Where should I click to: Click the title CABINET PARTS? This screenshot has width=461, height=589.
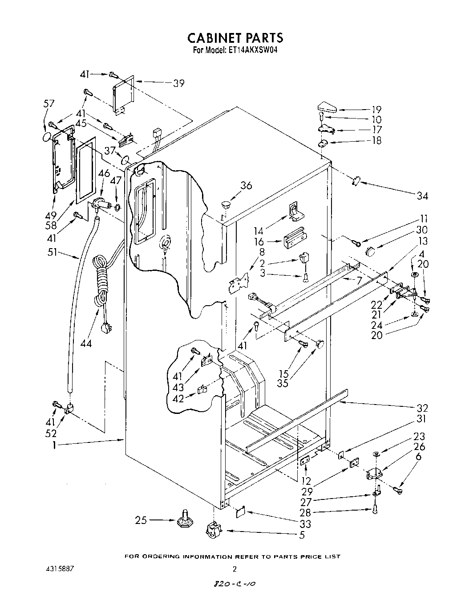pos(235,37)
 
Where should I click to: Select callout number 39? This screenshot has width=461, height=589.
pos(178,83)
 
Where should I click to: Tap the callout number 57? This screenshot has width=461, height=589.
pos(49,104)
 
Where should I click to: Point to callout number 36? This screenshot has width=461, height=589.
pos(246,185)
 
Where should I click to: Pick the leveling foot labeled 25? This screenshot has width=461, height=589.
pos(184,520)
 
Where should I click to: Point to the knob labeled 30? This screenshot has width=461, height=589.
pos(369,251)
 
